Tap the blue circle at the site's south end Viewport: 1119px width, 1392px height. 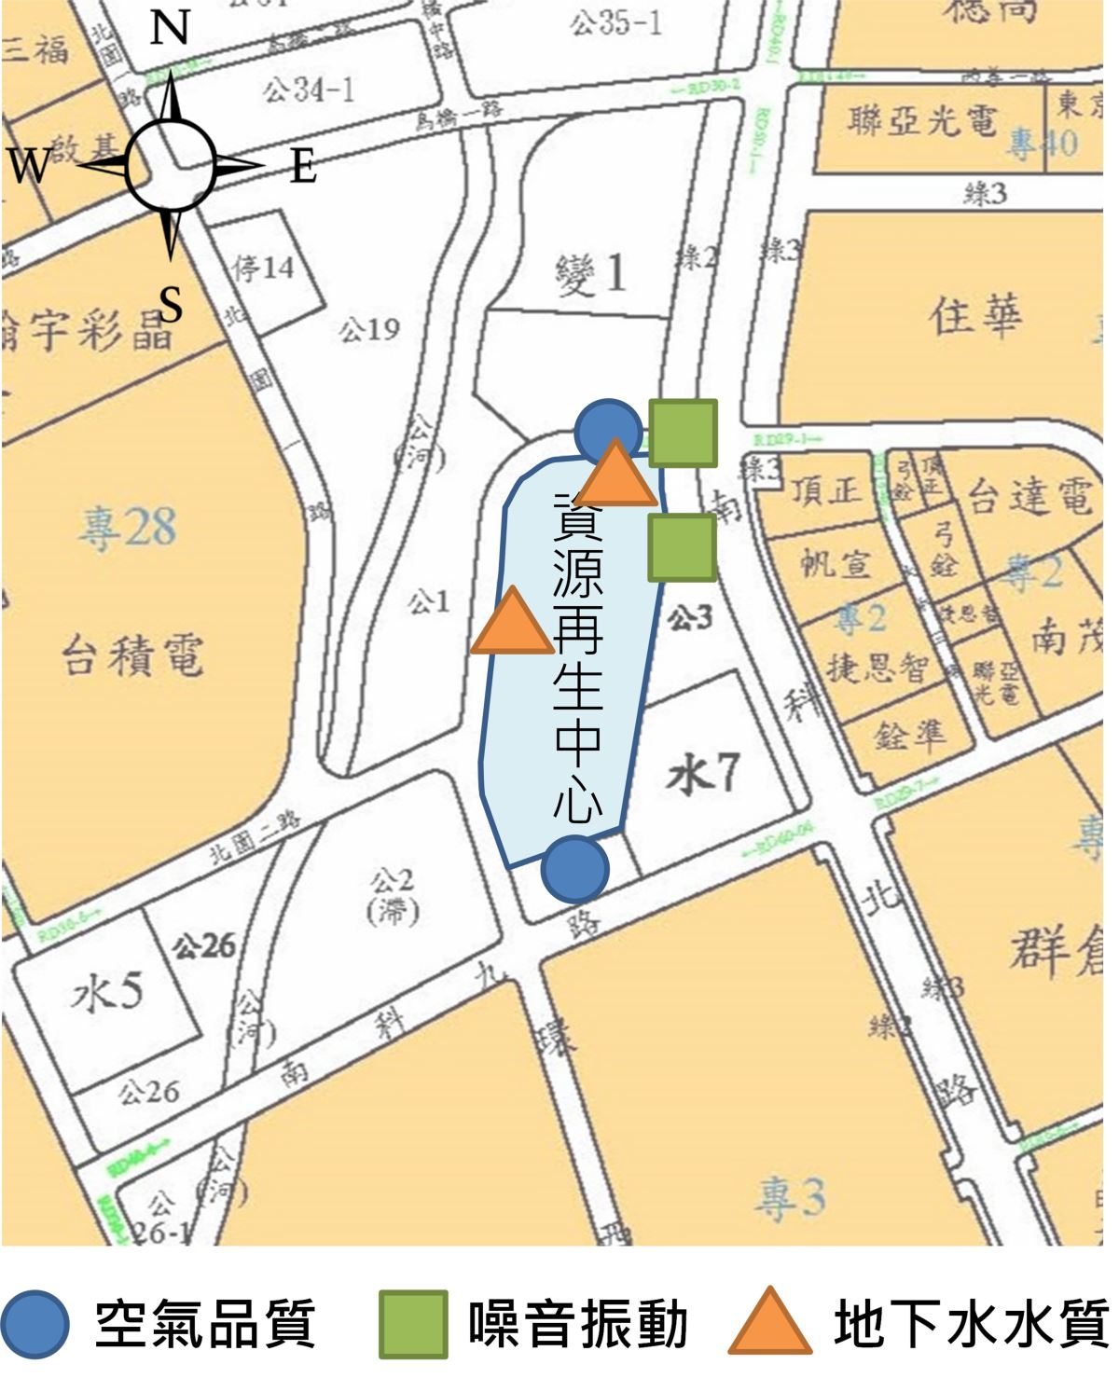tap(575, 869)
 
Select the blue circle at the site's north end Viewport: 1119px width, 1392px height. tap(607, 431)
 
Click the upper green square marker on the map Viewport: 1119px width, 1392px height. tap(684, 433)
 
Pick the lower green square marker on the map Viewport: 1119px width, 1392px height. tap(683, 547)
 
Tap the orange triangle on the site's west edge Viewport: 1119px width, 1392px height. tap(512, 622)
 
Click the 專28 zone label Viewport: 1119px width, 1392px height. tap(127, 528)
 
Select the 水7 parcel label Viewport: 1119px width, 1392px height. tap(703, 775)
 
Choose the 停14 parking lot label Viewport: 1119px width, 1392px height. tap(264, 269)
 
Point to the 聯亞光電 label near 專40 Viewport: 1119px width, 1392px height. tap(922, 121)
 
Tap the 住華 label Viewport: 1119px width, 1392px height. tap(975, 316)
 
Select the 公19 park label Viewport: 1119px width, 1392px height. tap(369, 329)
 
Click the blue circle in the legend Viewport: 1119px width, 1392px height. tap(35, 1325)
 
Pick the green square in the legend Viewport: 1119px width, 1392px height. tap(412, 1325)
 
